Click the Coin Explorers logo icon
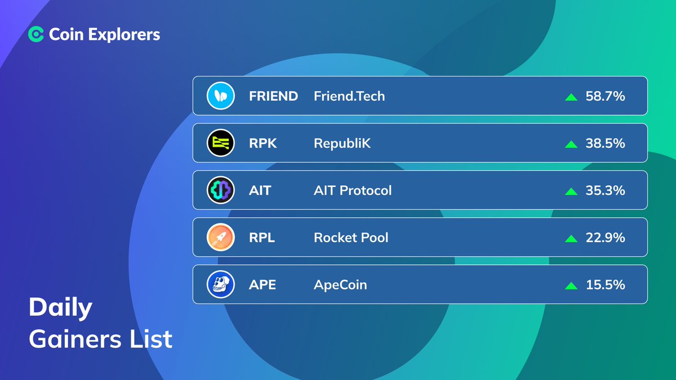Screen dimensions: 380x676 [36, 34]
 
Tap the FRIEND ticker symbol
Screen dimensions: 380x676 [273, 96]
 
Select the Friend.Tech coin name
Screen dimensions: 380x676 [349, 96]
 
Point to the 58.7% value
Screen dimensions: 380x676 [605, 96]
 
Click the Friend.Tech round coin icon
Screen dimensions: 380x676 [220, 96]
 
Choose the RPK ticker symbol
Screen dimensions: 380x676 [263, 144]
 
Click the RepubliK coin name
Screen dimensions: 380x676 [342, 144]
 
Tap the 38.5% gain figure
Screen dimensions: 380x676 [605, 144]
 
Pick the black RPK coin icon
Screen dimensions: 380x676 [220, 144]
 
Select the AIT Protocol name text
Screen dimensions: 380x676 [352, 191]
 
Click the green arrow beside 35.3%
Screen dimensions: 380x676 [571, 191]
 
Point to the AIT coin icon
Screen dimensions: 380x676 [220, 191]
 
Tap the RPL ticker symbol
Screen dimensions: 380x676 [262, 238]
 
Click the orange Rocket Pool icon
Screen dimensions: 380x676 [220, 238]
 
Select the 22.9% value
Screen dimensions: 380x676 [605, 238]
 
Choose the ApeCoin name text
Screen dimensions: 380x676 [340, 285]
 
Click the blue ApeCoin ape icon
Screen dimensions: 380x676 [220, 285]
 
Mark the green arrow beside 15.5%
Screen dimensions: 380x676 [571, 285]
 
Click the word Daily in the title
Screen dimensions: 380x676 [60, 309]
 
